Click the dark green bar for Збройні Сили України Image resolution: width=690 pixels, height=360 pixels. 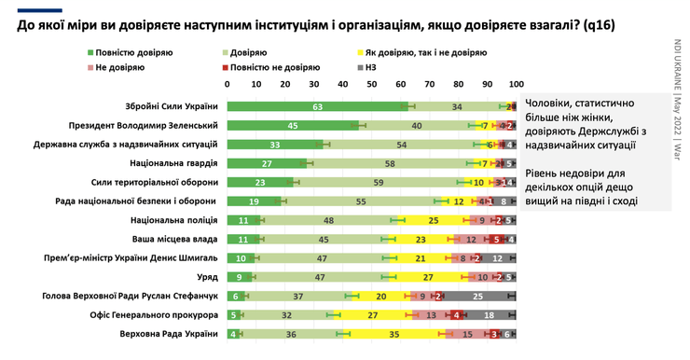tap(317, 106)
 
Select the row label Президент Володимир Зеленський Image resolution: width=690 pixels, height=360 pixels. tap(144, 125)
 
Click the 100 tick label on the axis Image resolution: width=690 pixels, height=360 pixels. tap(516, 86)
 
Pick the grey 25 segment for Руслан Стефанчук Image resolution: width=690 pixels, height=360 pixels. tap(479, 296)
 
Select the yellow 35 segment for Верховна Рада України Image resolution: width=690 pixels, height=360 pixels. tap(394, 334)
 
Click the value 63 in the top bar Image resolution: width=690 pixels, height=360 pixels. tap(318, 106)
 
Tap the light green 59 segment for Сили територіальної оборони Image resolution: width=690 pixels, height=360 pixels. tap(379, 182)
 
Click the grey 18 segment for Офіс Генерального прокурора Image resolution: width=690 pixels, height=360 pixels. tap(490, 315)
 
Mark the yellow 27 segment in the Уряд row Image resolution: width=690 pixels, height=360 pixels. tap(428, 277)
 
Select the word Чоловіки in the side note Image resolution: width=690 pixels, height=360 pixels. tap(551, 103)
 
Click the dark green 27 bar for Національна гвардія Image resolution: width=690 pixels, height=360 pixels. tap(267, 163)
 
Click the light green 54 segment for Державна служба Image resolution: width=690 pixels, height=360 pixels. tap(401, 145)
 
